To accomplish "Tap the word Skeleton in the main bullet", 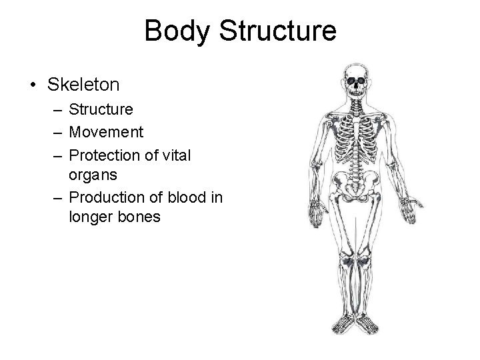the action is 83,85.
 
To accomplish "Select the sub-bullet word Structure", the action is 101,108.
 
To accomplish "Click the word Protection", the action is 103,155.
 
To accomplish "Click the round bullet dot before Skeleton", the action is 33,85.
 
